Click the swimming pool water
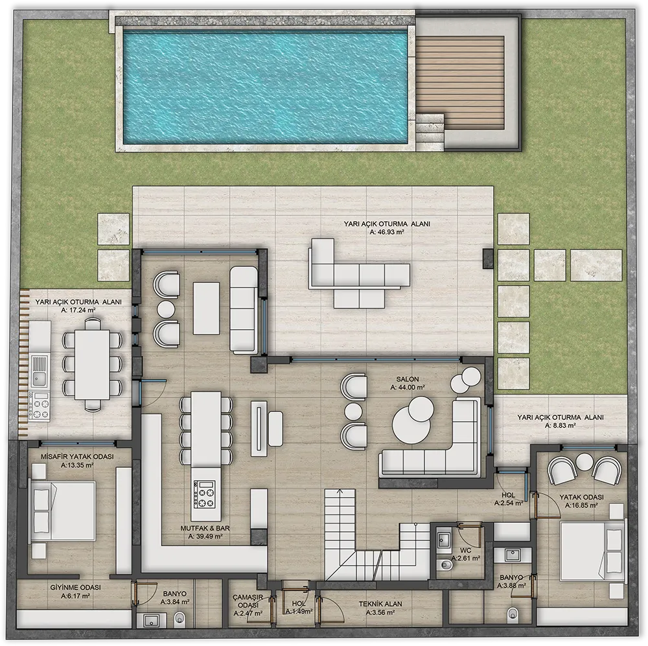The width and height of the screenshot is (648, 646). (265, 87)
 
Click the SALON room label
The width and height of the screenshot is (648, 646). (408, 379)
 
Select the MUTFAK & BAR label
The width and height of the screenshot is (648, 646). (205, 528)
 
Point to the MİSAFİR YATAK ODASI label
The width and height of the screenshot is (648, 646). (77, 457)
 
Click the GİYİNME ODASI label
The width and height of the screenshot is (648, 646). (76, 587)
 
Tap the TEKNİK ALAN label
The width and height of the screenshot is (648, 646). (380, 604)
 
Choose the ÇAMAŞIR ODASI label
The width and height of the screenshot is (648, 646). (248, 601)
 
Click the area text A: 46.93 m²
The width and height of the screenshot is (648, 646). (387, 232)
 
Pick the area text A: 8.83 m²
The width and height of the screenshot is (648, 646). (561, 425)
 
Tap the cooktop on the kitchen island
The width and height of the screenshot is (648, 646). (205, 494)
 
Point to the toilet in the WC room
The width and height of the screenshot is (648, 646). (446, 564)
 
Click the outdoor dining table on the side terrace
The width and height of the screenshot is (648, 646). (92, 364)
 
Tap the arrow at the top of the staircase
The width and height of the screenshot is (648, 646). (340, 491)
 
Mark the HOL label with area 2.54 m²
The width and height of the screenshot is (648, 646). (509, 495)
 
